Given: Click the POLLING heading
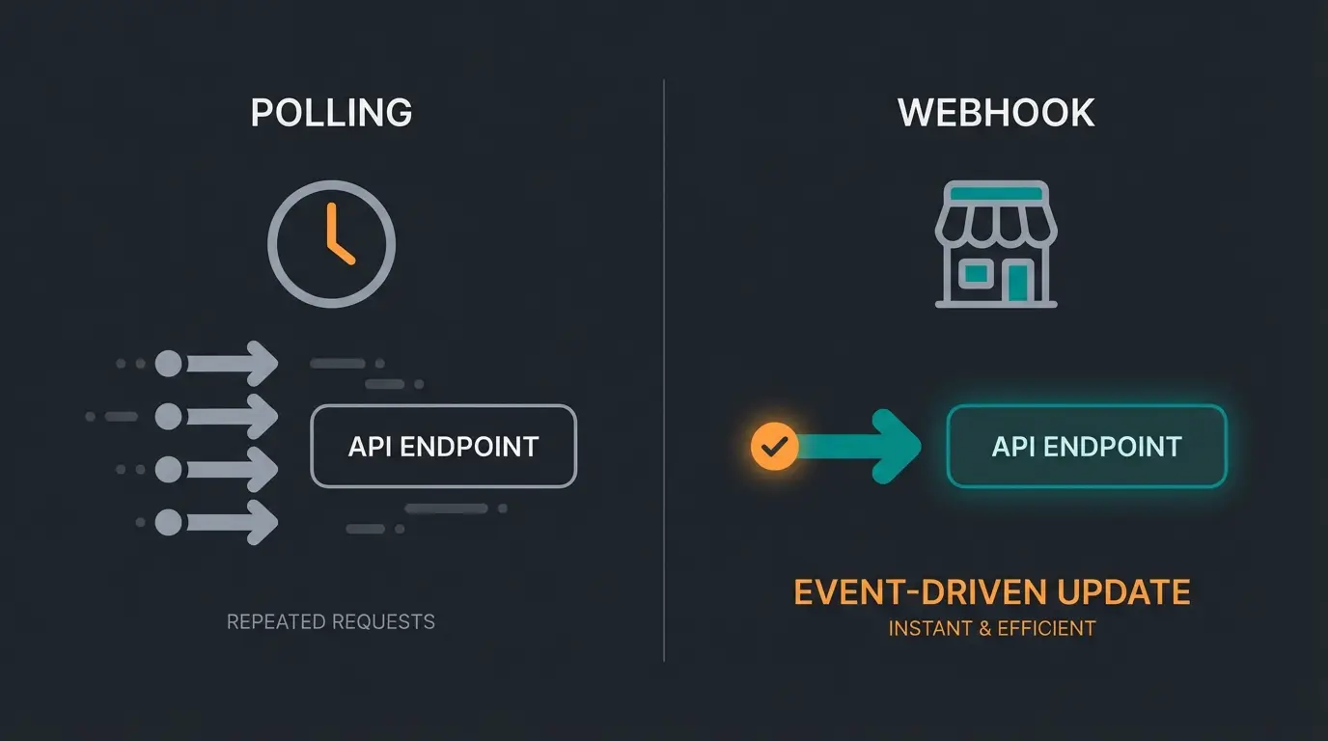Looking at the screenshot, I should [331, 113].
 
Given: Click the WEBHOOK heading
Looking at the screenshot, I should [996, 113].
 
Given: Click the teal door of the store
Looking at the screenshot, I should [1017, 283].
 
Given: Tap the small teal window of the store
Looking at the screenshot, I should [976, 274].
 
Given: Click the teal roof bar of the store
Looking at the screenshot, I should [996, 193].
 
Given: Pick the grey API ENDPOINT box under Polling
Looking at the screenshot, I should [443, 446].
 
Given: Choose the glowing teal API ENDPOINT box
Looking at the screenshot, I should [1087, 446].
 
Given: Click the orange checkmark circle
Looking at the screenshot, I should [774, 447].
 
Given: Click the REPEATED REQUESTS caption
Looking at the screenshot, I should [330, 622].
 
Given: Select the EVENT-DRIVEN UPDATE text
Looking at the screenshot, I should [991, 591].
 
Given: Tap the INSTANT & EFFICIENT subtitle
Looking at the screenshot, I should [991, 629].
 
